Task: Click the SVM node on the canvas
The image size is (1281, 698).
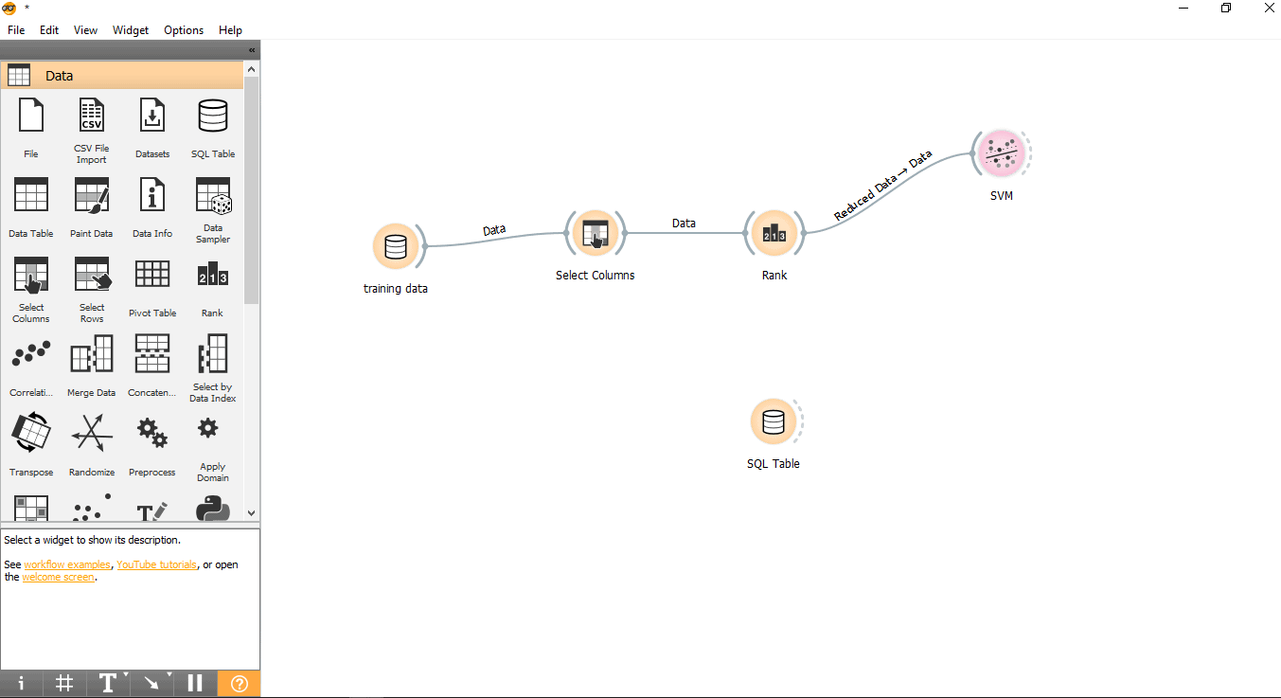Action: click(1002, 153)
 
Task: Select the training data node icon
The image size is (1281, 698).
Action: click(395, 246)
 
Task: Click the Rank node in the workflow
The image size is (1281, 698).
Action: click(774, 233)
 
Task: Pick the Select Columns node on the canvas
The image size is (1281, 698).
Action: click(596, 233)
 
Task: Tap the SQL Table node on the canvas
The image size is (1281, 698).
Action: click(774, 421)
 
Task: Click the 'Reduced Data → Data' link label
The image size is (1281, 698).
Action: click(882, 186)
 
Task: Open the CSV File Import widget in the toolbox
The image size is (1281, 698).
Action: click(92, 115)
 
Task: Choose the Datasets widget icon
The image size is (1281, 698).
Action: click(152, 115)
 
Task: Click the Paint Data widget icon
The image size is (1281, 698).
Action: click(92, 195)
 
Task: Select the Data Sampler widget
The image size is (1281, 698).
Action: click(213, 195)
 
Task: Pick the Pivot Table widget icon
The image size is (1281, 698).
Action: click(152, 274)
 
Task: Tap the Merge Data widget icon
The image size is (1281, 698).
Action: click(92, 353)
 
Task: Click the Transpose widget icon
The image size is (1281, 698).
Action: click(31, 433)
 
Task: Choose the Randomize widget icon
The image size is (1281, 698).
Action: click(92, 433)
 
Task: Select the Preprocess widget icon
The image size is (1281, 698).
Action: click(152, 433)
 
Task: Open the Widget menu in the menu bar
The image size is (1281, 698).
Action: click(131, 30)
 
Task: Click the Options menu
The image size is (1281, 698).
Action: click(184, 30)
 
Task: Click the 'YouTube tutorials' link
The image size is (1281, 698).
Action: click(157, 564)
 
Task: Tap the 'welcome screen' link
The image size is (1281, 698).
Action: click(59, 578)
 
